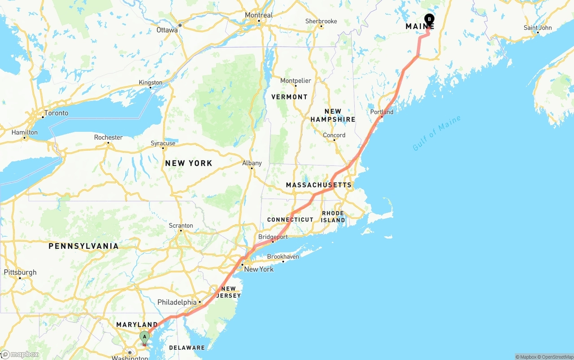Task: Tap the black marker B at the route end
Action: point(429,19)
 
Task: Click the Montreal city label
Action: point(258,15)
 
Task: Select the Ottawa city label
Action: point(167,30)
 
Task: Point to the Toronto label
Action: point(56,113)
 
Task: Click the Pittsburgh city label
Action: point(20,272)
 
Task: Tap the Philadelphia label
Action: point(177,303)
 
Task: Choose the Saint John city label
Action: point(538,28)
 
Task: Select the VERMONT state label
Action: point(289,97)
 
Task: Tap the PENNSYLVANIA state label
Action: point(83,246)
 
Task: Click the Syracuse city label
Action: point(163,143)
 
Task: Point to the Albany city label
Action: point(252,163)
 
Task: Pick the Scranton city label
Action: point(181,226)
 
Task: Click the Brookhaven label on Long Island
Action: point(283,257)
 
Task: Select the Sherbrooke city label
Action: point(321,21)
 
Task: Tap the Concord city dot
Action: point(334,140)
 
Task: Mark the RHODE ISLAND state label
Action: point(333,217)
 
